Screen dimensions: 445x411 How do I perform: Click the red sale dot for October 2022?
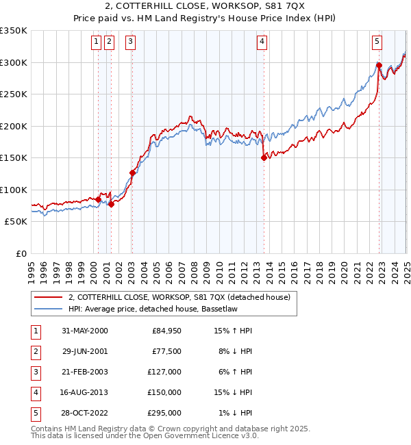point(379,65)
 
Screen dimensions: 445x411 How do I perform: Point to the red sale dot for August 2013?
point(264,157)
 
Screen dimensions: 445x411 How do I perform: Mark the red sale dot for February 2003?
point(132,173)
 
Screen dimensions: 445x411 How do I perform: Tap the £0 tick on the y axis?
point(22,253)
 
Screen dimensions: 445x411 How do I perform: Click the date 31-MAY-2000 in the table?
point(85,331)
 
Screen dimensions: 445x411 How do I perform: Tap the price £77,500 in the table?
point(166,351)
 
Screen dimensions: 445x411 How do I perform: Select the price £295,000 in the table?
point(164,413)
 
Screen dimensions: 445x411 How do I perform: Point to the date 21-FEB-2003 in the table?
point(85,372)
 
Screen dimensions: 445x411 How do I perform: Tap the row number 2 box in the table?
point(36,351)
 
